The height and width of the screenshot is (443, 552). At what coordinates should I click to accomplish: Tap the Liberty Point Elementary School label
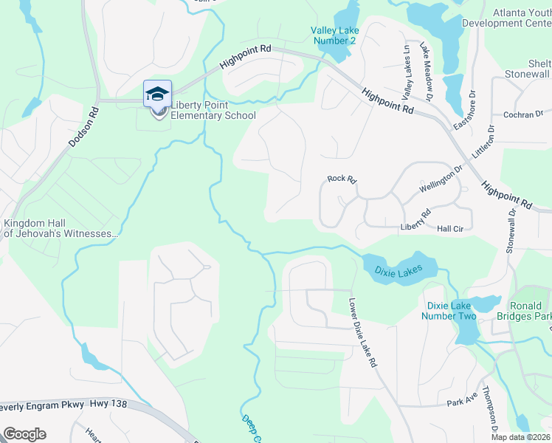(x=213, y=111)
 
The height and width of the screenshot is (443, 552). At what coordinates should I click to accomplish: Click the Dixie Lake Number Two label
(x=449, y=311)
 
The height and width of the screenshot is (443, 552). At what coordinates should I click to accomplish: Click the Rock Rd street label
(x=342, y=179)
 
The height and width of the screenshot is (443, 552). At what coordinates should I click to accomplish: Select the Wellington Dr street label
(x=441, y=179)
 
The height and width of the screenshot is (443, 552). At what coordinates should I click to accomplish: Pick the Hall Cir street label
(x=450, y=230)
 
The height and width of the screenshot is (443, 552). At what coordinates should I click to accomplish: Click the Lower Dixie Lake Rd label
(x=363, y=333)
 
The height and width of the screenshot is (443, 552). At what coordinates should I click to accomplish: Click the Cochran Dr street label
(x=522, y=115)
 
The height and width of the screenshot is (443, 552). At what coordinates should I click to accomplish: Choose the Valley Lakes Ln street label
(x=405, y=72)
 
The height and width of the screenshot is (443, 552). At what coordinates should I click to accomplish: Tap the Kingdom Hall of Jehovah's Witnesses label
(x=61, y=229)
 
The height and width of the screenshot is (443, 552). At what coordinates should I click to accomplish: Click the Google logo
(x=24, y=434)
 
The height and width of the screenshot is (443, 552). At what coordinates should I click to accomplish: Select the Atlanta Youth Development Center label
(x=506, y=18)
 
